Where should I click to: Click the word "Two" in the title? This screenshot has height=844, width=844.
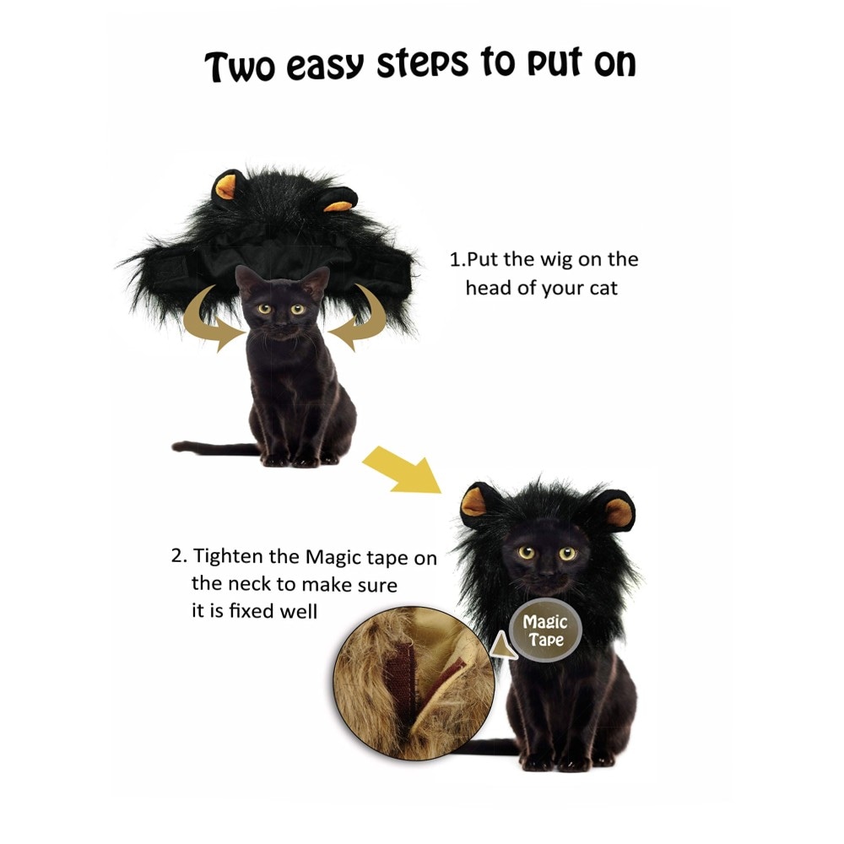240,67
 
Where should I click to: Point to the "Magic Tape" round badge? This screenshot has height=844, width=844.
545,630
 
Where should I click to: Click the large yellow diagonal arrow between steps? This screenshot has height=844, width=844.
403,469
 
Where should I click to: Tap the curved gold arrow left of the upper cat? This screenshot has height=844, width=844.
211,322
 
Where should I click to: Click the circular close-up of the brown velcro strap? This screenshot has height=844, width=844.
414,684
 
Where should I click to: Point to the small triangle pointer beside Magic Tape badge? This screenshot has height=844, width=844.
503,646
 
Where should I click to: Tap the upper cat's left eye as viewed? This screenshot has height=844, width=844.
264,309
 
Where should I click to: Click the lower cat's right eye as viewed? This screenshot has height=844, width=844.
567,553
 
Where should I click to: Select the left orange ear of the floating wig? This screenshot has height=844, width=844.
226,187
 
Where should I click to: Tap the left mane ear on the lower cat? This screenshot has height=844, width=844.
476,504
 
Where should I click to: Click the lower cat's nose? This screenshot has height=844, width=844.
546,572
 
